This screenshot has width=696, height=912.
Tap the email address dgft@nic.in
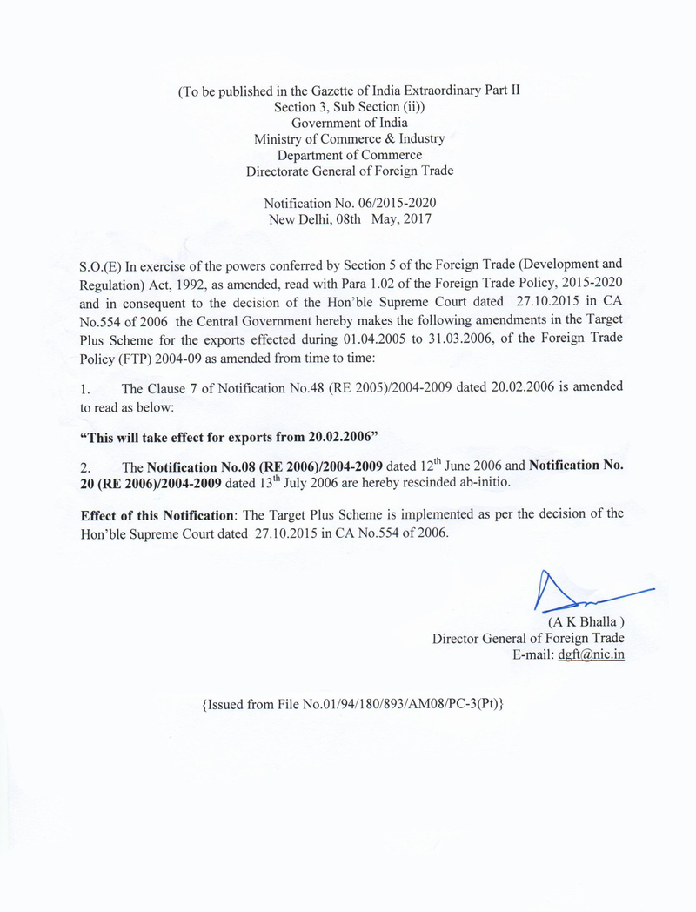coord(591,654)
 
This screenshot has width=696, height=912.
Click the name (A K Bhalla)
coord(586,621)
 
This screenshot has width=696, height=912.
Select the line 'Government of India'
coord(349,123)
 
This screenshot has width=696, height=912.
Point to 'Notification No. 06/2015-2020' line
coord(349,202)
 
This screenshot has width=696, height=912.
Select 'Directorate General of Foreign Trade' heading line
coord(349,171)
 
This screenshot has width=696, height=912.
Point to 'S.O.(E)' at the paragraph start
coord(102,264)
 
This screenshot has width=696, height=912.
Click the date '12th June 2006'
coord(472,466)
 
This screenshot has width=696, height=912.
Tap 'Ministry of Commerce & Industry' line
coord(349,138)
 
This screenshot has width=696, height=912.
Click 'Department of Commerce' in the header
coord(349,155)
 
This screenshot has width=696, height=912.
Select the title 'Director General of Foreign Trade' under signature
coord(528,638)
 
